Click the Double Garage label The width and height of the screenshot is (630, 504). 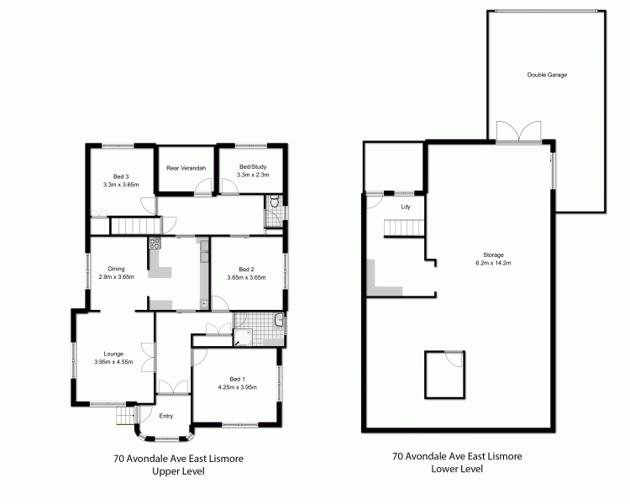click(x=547, y=75)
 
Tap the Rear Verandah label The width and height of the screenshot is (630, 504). click(x=186, y=168)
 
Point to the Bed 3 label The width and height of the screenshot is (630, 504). click(x=120, y=176)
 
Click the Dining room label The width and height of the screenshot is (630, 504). click(x=116, y=269)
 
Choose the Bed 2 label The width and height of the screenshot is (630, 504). click(x=246, y=269)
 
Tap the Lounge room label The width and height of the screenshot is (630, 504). click(x=113, y=354)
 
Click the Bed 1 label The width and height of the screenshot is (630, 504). click(x=238, y=379)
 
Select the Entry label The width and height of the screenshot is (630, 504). click(x=165, y=416)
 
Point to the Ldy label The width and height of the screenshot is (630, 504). click(x=405, y=206)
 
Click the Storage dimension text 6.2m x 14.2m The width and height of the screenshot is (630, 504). click(x=492, y=263)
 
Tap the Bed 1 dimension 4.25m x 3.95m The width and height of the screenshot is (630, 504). click(x=238, y=387)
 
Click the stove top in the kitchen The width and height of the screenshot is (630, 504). click(x=155, y=244)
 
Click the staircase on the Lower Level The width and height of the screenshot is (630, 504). click(x=401, y=228)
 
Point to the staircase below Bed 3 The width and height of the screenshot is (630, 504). click(x=134, y=225)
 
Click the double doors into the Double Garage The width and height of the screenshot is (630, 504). click(x=513, y=133)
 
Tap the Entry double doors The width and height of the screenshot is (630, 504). click(x=173, y=387)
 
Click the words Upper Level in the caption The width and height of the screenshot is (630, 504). click(x=177, y=471)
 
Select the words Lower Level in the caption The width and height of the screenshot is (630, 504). click(x=457, y=470)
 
